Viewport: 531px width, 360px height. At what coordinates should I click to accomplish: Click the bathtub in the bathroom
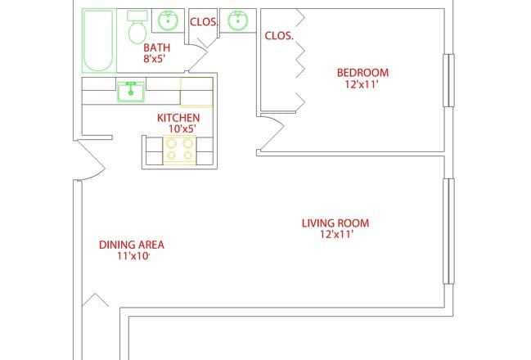(x=98, y=40)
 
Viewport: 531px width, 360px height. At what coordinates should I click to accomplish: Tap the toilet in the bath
(x=137, y=29)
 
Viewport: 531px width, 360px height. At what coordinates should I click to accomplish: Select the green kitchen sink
(x=130, y=91)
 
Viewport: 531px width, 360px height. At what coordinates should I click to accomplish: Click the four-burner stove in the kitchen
(x=179, y=149)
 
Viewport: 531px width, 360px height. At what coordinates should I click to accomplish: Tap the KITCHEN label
(x=178, y=118)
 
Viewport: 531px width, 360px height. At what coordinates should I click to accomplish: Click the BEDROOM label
(x=362, y=73)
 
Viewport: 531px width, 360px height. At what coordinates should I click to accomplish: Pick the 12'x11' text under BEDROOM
(x=362, y=83)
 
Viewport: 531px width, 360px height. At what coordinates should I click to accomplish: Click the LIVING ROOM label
(x=335, y=223)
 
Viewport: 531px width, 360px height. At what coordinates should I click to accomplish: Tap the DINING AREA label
(x=132, y=245)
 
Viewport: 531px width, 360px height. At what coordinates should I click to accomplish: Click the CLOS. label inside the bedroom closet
(x=279, y=36)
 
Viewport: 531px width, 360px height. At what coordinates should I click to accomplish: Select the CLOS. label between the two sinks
(x=204, y=22)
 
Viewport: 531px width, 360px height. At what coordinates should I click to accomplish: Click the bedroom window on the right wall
(x=447, y=80)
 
